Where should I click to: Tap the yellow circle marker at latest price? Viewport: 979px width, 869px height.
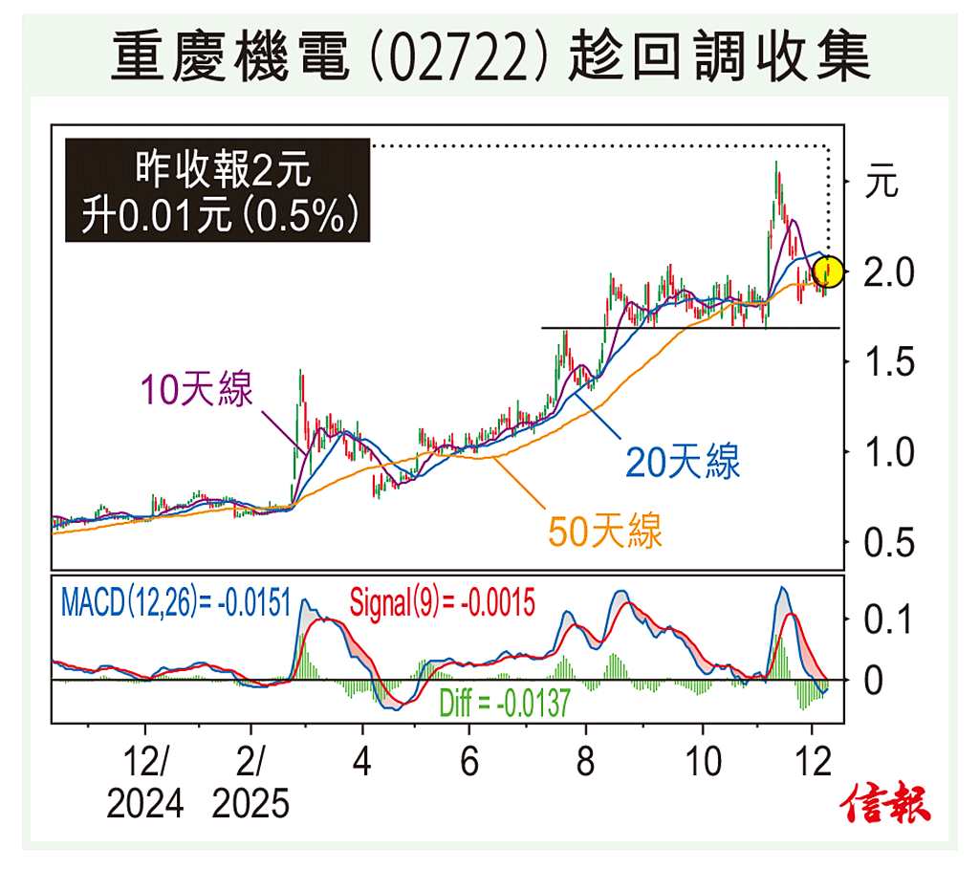(829, 272)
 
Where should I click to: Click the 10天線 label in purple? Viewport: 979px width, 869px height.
(196, 390)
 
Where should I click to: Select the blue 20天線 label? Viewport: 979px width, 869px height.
(683, 463)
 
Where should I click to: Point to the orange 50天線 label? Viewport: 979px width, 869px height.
(605, 531)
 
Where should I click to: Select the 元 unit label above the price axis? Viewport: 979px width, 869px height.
(881, 182)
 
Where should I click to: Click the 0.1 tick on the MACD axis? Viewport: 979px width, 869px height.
(887, 621)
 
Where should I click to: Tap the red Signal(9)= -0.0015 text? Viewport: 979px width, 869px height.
(442, 603)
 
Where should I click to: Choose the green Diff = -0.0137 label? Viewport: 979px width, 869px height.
(504, 706)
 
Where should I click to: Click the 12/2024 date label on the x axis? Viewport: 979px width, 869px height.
(144, 784)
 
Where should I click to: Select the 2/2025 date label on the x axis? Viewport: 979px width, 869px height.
(250, 784)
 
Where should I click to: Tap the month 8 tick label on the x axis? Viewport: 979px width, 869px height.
(585, 764)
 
